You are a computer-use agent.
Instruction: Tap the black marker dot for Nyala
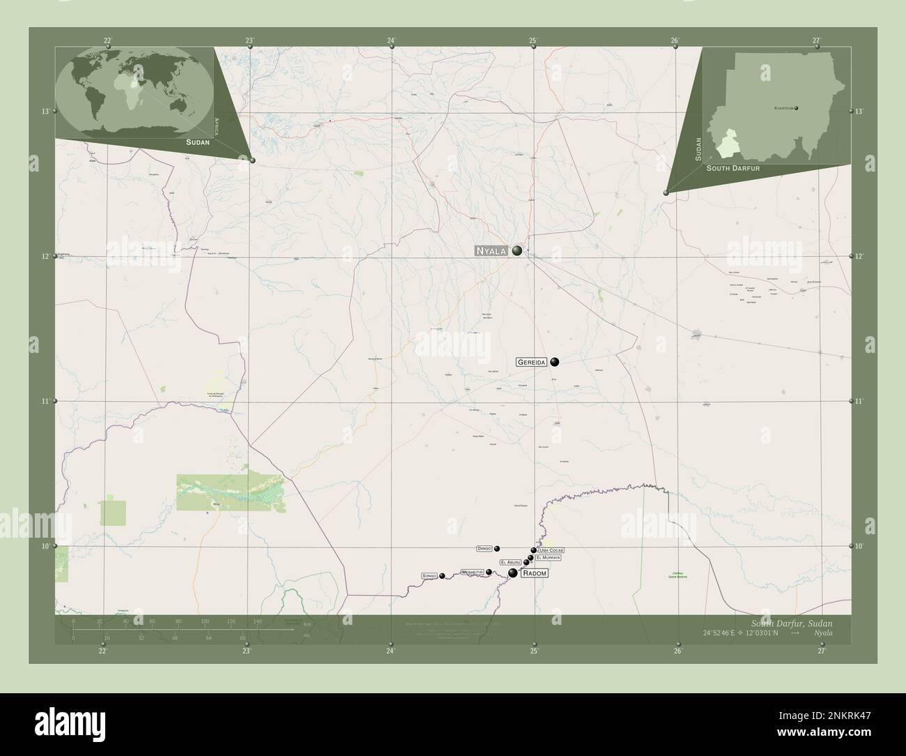517,250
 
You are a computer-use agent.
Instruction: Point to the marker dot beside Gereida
555,361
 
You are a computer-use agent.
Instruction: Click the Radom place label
535,573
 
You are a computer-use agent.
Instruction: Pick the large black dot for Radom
513,573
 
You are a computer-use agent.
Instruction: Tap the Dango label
485,549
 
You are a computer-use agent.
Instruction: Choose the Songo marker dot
442,576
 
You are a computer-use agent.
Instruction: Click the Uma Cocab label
551,551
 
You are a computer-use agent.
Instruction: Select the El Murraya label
548,558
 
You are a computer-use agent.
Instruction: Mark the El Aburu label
510,562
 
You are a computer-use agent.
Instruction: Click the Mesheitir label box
472,573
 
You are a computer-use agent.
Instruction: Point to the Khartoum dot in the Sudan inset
796,108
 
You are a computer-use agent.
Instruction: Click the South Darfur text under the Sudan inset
732,169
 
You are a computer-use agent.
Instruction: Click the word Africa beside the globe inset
217,126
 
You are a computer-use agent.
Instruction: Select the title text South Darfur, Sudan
791,622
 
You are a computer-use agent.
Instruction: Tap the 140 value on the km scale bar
257,620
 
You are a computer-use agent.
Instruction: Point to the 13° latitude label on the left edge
45,112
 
